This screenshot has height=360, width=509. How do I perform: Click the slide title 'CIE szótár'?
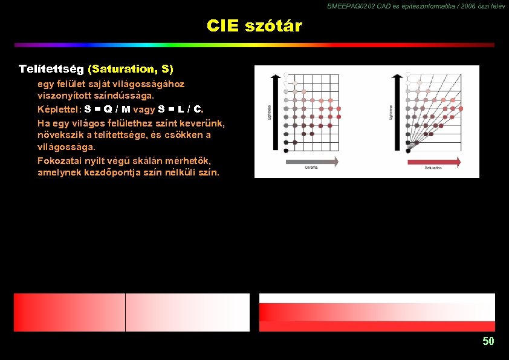click(x=254, y=26)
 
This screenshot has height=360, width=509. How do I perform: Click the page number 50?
click(x=488, y=341)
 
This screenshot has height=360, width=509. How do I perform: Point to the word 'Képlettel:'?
click(x=59, y=110)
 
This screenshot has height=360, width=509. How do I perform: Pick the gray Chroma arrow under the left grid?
click(x=311, y=162)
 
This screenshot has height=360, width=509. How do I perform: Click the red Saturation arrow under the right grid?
click(x=434, y=162)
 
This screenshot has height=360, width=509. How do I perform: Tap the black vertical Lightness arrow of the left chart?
click(x=276, y=112)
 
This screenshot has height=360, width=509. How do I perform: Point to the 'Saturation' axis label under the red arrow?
click(x=433, y=169)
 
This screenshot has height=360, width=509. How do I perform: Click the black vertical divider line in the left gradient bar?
click(x=125, y=312)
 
